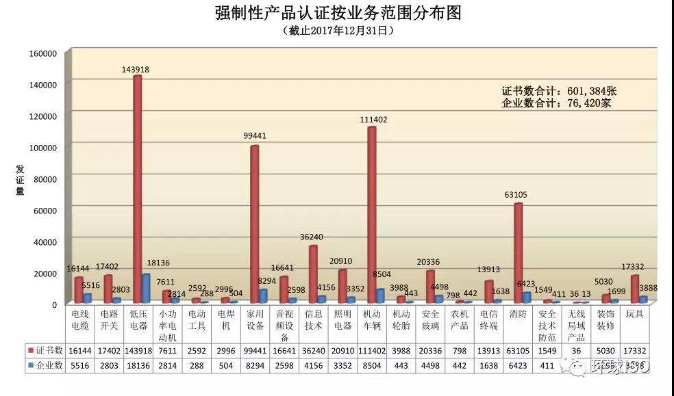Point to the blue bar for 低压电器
click(x=146, y=288)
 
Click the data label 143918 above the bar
click(x=136, y=69)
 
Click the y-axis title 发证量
click(x=20, y=180)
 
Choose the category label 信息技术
click(x=314, y=319)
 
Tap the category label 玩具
click(x=635, y=314)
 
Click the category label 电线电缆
click(x=80, y=319)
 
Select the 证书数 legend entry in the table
click(x=46, y=350)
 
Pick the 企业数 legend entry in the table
click(x=46, y=365)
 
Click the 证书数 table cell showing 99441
click(x=255, y=350)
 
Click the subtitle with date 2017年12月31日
click(x=338, y=30)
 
